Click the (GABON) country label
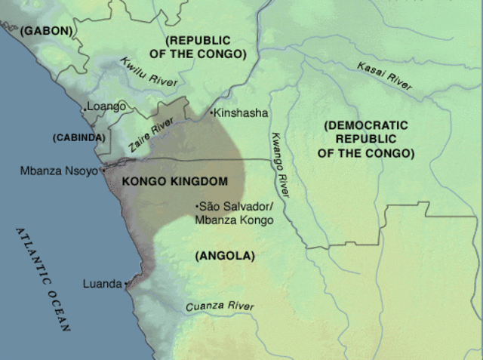coord(46,31)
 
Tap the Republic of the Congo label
coord(206,47)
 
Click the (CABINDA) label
coord(78,138)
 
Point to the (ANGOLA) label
coord(225,256)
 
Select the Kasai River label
coord(385,76)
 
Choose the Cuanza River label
coord(220,306)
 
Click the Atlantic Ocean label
coord(44,279)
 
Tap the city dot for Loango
coord(85,109)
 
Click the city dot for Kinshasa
coord(211,113)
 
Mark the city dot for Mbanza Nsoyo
coord(102,171)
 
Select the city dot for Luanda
coord(126,285)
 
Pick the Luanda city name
coord(103,284)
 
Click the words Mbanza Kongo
coord(233,220)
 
